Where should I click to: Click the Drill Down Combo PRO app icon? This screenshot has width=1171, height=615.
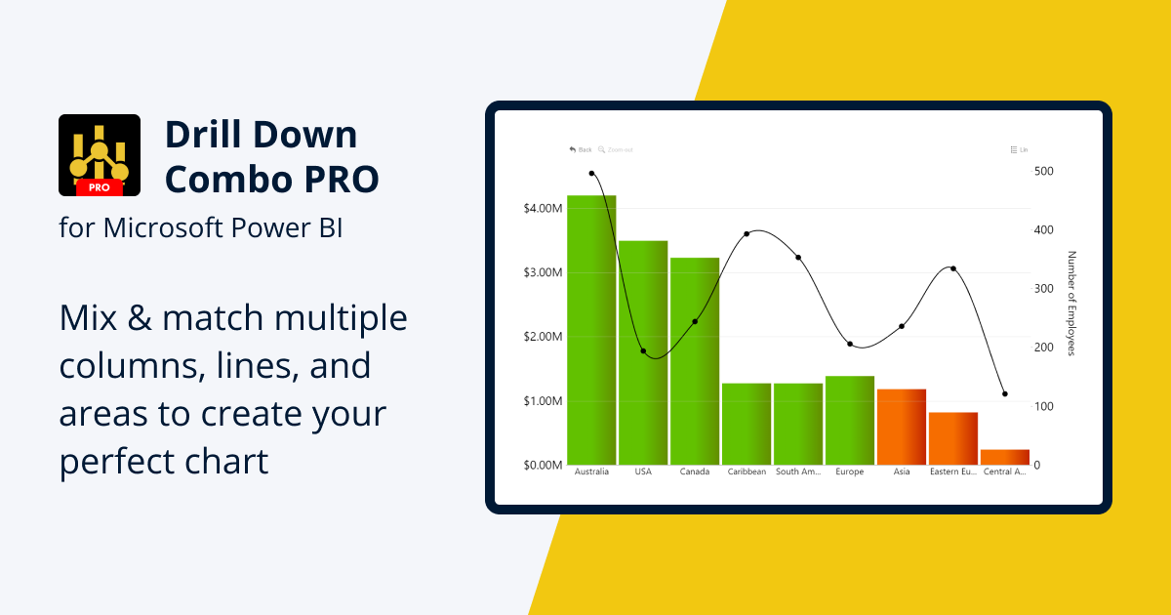[x=99, y=155]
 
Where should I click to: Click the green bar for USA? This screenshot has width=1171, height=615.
[x=643, y=352]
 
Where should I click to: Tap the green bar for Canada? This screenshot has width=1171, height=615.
[x=695, y=361]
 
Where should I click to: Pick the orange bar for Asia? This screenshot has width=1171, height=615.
[x=902, y=427]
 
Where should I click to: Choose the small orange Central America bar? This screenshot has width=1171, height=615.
[x=1004, y=457]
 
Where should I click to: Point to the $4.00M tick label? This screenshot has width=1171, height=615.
[x=542, y=209]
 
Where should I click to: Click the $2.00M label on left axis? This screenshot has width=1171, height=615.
[x=542, y=337]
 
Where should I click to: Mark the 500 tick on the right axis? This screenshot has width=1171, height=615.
[x=1044, y=171]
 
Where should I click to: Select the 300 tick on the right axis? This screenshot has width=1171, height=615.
[x=1044, y=289]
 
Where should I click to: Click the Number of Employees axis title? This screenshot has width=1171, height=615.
[x=1070, y=304]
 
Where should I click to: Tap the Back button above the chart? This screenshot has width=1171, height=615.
[x=581, y=149]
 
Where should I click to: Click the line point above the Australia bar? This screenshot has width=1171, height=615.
[x=591, y=174]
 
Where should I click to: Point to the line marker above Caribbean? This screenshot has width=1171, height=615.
[x=747, y=234]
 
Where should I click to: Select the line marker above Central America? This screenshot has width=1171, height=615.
[x=1005, y=394]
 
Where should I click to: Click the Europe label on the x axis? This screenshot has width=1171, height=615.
[x=850, y=472]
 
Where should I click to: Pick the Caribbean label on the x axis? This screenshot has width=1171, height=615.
[x=747, y=472]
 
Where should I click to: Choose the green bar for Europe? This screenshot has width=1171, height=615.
[x=850, y=420]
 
